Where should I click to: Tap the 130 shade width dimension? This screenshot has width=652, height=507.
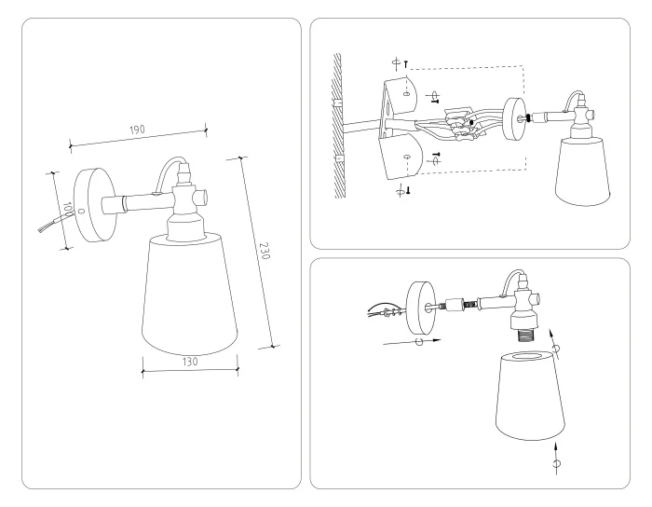click(190, 359)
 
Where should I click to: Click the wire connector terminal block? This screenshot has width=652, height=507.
click(459, 125)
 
